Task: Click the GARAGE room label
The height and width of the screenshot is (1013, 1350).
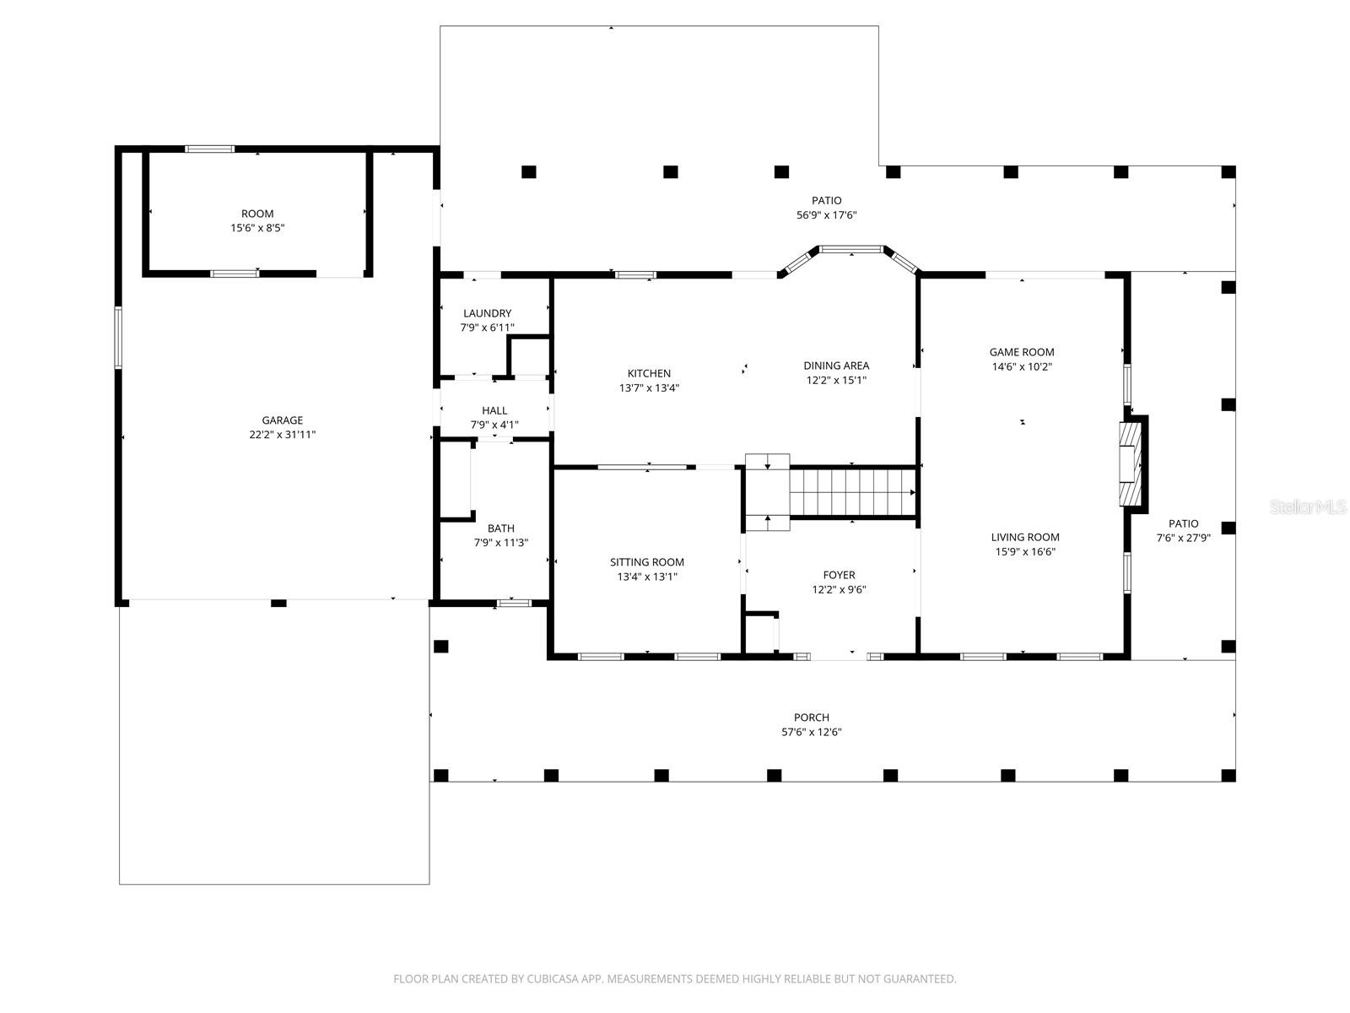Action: tap(282, 420)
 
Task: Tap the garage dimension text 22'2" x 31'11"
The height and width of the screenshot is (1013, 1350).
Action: tap(282, 435)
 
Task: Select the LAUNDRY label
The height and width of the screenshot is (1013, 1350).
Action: tap(487, 313)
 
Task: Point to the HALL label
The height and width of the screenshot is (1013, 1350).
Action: tap(494, 411)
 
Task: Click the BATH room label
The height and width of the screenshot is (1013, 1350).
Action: tap(500, 528)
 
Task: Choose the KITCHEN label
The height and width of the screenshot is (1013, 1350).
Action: tap(649, 373)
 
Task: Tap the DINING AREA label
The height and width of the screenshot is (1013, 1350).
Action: tap(835, 366)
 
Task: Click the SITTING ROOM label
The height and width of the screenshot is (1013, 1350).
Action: tap(647, 562)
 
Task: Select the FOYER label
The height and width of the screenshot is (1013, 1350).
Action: tap(839, 575)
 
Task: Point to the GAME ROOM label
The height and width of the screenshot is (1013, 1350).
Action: tap(1021, 352)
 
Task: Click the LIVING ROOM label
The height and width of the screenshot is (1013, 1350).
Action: tap(1024, 537)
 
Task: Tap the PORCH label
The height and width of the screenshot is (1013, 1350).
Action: tap(811, 718)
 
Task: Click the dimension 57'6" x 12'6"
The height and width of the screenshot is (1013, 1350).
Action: tap(811, 733)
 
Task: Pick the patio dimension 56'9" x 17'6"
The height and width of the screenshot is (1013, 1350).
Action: tap(826, 215)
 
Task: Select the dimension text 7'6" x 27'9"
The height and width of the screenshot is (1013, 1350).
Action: tap(1183, 538)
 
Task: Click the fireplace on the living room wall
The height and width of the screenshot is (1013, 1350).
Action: tap(1131, 463)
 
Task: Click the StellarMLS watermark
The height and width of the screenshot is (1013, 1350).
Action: tap(1308, 506)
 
